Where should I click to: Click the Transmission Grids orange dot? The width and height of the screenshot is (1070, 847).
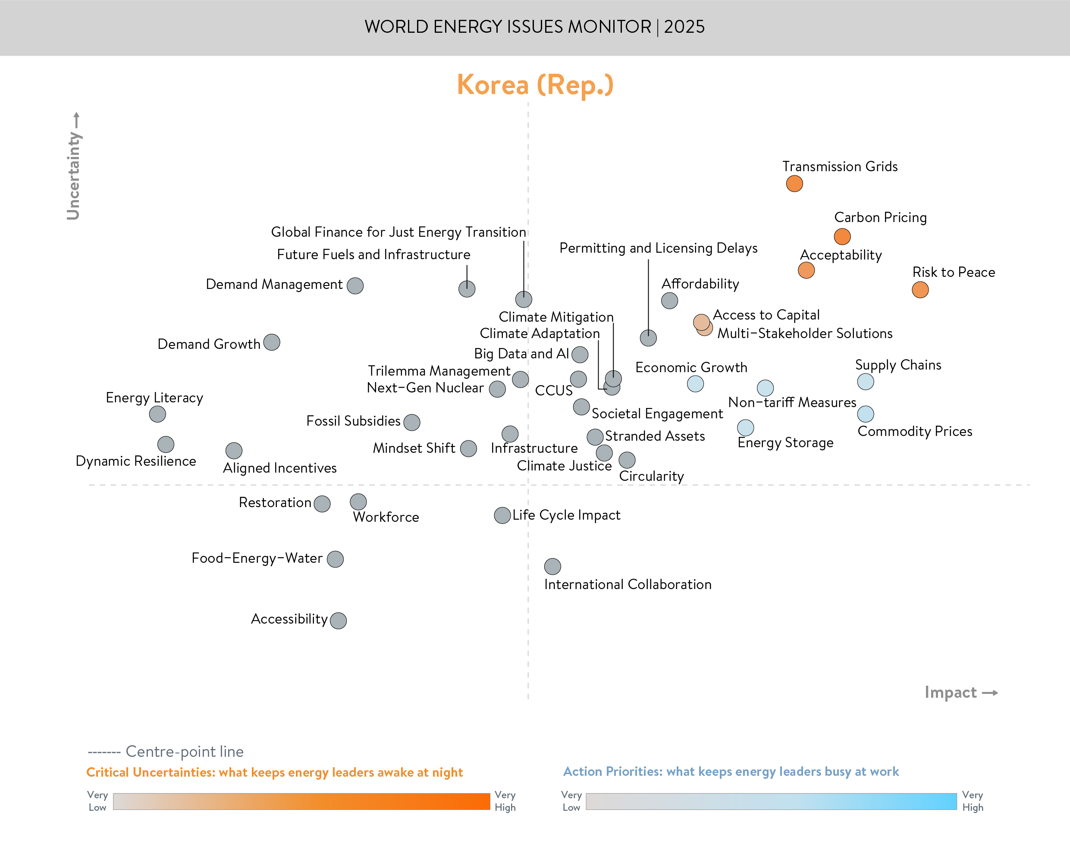click(x=794, y=183)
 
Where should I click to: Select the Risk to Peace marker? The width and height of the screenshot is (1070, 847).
click(x=920, y=290)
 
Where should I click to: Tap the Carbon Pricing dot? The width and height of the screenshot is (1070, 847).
click(x=842, y=236)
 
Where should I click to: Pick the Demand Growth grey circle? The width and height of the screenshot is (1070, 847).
click(x=272, y=342)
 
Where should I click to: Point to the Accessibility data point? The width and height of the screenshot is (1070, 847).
click(x=338, y=621)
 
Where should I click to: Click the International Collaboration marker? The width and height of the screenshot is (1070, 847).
click(x=552, y=566)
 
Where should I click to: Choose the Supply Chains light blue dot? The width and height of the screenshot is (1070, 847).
click(x=865, y=381)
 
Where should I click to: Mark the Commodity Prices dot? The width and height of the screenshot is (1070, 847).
click(x=865, y=414)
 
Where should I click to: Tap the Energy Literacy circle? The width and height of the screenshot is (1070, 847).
click(x=157, y=414)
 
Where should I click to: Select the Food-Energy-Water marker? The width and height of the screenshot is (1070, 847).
click(x=335, y=559)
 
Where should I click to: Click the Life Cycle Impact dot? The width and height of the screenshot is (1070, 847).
click(x=502, y=515)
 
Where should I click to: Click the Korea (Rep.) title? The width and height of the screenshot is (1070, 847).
click(x=535, y=85)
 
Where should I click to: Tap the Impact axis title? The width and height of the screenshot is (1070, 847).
click(x=951, y=692)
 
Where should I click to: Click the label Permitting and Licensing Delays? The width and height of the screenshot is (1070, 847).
click(x=658, y=248)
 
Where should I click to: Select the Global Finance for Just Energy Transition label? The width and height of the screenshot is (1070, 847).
click(x=398, y=232)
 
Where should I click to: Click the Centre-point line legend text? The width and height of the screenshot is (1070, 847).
click(x=185, y=752)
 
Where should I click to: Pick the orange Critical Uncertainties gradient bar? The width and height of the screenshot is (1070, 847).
click(x=301, y=801)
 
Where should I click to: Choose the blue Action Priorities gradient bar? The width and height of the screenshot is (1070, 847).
click(x=771, y=801)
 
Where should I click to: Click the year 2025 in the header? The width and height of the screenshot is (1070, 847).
click(x=684, y=27)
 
